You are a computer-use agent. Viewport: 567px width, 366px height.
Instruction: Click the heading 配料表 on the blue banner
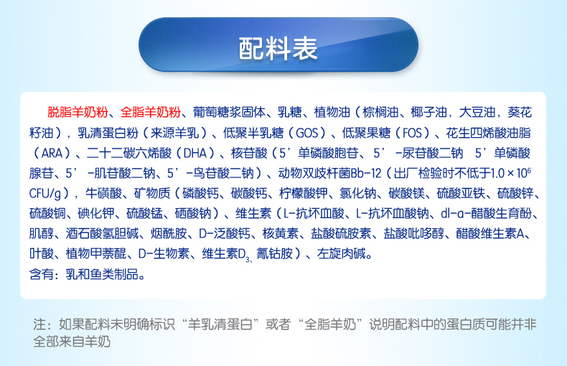[x=278, y=49]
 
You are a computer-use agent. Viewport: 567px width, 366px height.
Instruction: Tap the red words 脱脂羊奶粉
[x=78, y=113]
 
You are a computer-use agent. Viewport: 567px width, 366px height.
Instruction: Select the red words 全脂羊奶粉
[x=151, y=113]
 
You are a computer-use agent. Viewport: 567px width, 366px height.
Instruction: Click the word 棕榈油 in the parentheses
[x=381, y=113]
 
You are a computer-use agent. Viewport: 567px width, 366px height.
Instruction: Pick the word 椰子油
[x=429, y=113]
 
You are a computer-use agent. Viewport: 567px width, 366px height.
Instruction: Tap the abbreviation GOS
[x=306, y=133]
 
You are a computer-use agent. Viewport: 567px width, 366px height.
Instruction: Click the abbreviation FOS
[x=412, y=133]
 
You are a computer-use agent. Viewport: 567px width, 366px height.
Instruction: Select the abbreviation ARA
[x=52, y=154]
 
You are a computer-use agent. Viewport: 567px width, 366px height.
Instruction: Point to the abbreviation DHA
[x=195, y=154]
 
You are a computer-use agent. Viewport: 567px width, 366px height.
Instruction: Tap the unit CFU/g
[x=45, y=194]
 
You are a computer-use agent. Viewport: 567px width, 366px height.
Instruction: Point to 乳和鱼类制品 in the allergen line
[x=102, y=274]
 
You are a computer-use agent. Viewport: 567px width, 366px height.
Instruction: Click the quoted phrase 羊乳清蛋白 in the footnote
[x=220, y=324]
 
